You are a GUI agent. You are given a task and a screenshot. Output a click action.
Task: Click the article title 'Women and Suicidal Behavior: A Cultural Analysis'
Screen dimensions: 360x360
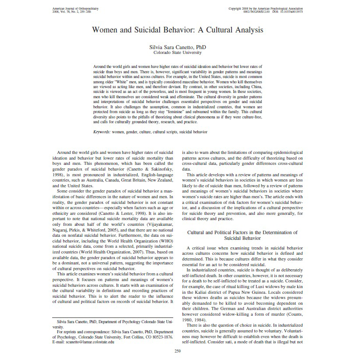click(178, 30)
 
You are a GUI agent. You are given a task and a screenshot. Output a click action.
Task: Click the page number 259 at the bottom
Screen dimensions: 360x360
click(178, 351)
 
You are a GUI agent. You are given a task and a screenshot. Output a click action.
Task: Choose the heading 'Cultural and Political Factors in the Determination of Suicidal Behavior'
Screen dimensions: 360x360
click(242, 235)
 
